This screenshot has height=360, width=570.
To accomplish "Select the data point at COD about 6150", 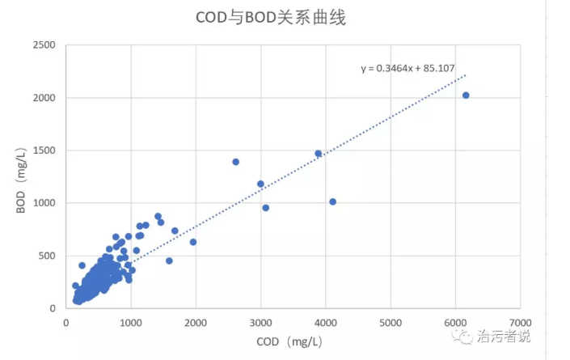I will [x=466, y=95].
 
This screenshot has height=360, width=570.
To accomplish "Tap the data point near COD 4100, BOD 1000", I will [x=332, y=201].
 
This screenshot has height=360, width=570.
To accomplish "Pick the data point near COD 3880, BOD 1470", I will [x=319, y=153].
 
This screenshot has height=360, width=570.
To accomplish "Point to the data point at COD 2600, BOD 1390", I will [x=236, y=162].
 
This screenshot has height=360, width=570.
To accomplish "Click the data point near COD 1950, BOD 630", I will [x=193, y=242].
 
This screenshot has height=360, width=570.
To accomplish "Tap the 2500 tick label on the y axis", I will [x=44, y=45].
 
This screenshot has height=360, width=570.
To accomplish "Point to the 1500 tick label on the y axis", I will [x=44, y=150].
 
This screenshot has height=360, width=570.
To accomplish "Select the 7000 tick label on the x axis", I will [x=521, y=322].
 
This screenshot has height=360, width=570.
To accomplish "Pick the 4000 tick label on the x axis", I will [x=326, y=322].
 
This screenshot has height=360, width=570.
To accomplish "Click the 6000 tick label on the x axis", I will [x=455, y=322].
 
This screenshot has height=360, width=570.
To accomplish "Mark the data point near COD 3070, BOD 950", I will [x=265, y=208].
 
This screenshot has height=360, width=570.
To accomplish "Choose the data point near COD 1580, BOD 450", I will [x=169, y=260].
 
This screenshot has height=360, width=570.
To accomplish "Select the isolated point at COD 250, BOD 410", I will [x=82, y=265].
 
